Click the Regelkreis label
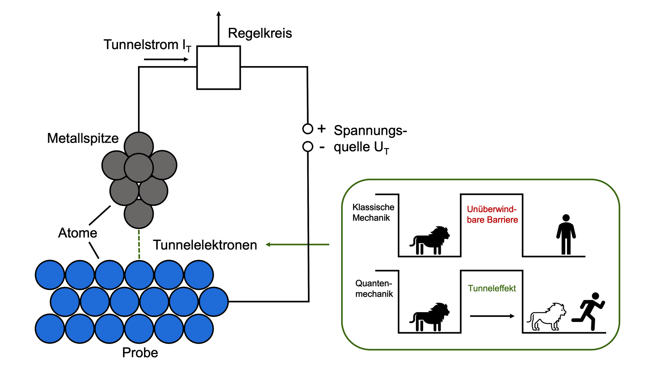click(x=260, y=33)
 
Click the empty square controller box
click(x=219, y=68)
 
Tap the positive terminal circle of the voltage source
click(x=308, y=129)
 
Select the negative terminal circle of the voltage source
click(x=308, y=147)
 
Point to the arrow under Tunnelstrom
click(x=166, y=60)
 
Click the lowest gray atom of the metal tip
click(x=139, y=214)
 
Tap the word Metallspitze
click(x=83, y=138)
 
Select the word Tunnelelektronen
click(x=205, y=245)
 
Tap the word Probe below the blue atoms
click(x=140, y=353)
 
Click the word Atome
click(x=78, y=233)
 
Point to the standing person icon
click(x=566, y=235)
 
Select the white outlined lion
click(x=547, y=317)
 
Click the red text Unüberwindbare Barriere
click(x=492, y=214)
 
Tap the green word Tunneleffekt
click(x=492, y=288)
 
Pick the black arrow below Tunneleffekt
click(x=492, y=316)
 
